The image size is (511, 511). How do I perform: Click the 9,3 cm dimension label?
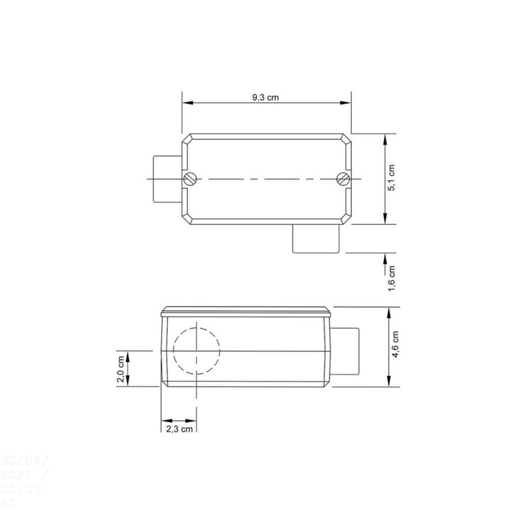pos(266,97)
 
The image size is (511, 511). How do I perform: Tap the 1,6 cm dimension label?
pos(392,278)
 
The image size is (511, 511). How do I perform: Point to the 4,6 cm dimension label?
pos(396,346)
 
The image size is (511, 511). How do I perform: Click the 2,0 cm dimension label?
pos(120,369)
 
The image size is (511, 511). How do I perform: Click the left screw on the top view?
pos(190,179)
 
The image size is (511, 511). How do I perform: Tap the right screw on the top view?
pos(343,179)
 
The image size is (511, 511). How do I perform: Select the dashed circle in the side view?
pos(197,351)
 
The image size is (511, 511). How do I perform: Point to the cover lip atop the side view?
pos(246,311)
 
